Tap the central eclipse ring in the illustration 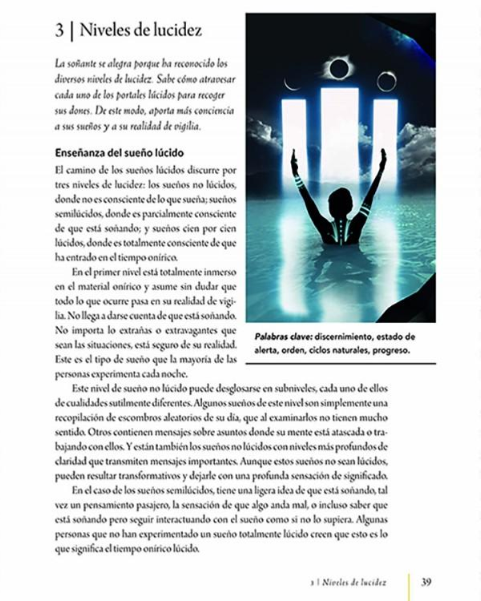point(338,69)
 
